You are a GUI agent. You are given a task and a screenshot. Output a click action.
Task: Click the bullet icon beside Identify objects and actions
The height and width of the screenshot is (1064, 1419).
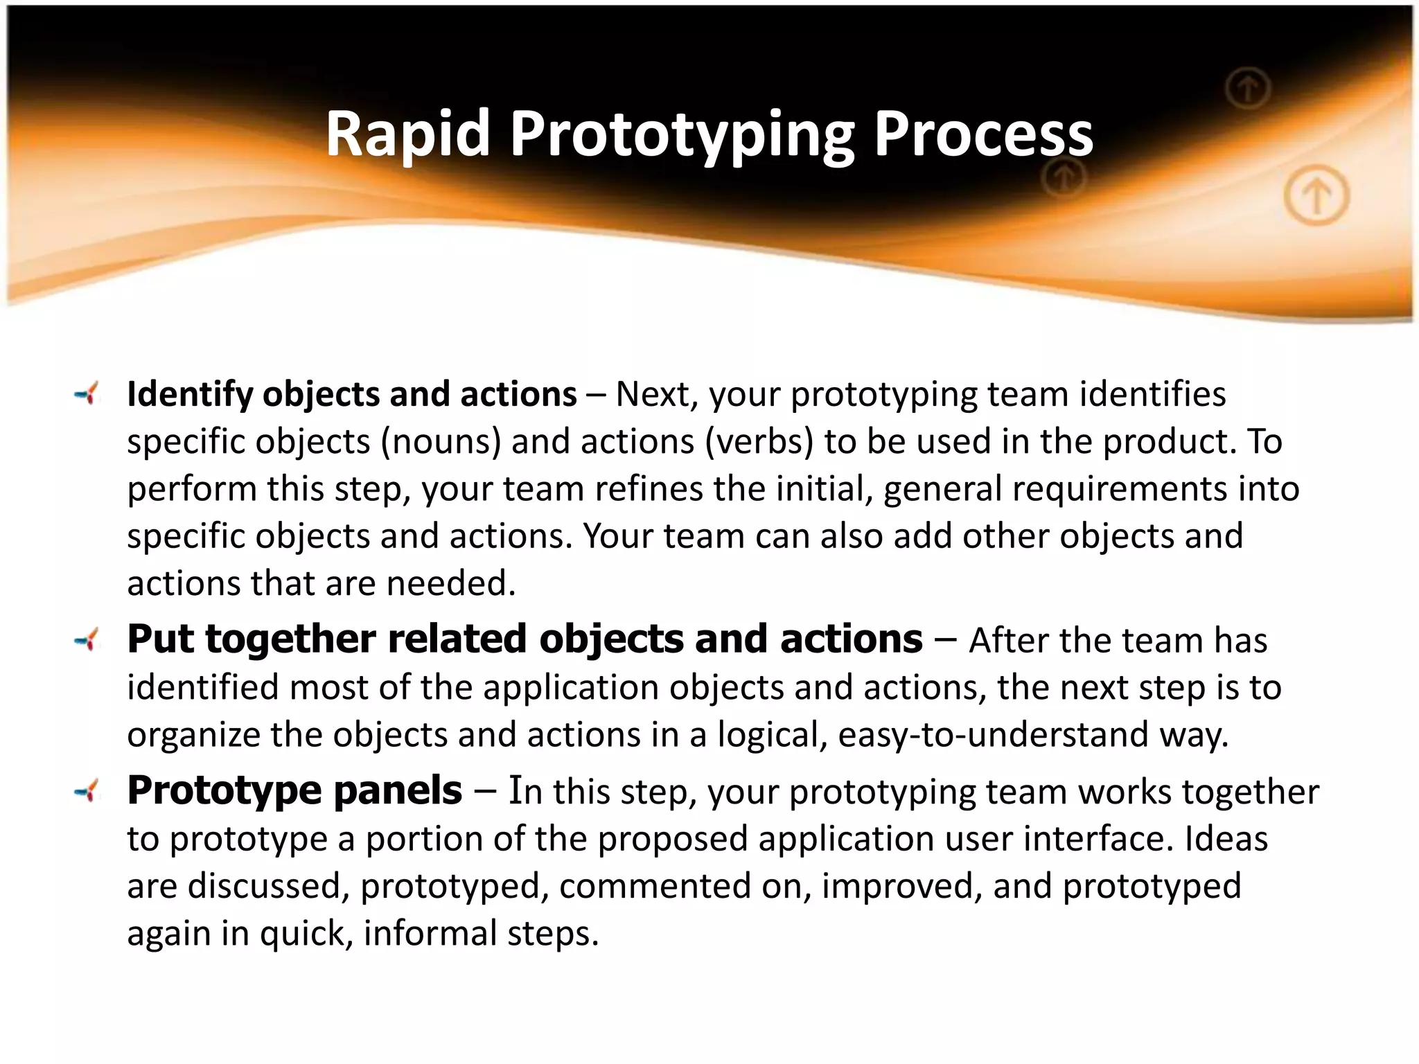tap(88, 394)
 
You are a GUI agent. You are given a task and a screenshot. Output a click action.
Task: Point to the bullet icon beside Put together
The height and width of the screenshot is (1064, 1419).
tap(88, 639)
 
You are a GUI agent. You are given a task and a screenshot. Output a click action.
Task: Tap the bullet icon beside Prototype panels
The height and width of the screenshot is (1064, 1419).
tap(88, 790)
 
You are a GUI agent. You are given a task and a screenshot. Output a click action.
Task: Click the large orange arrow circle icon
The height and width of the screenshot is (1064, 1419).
tap(1316, 196)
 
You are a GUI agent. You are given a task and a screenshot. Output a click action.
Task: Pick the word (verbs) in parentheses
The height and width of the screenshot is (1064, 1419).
tap(759, 442)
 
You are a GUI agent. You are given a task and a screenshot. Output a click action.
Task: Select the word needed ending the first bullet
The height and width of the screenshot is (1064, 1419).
tap(450, 583)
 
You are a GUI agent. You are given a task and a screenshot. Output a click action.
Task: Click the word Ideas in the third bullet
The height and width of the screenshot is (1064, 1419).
tap(1226, 839)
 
